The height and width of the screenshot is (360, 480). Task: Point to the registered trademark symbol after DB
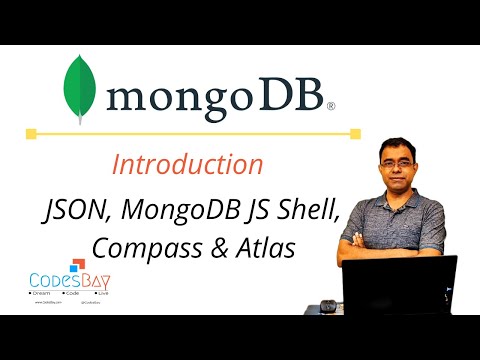pyautogui.click(x=330, y=103)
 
